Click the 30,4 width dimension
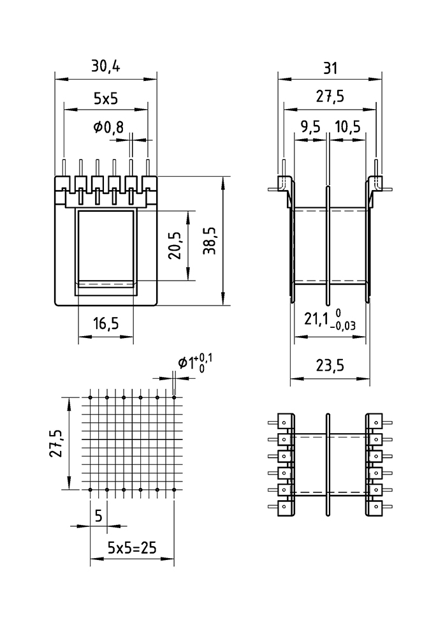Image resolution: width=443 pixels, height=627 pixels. pos(106,66)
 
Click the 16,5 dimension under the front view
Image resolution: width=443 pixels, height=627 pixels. pos(105,324)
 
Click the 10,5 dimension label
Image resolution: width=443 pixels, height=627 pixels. pos(347,127)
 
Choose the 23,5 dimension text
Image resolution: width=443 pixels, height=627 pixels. pos(330,365)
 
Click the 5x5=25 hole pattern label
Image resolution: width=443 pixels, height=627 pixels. pos(132,547)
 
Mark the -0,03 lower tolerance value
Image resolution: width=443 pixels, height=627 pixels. pos(342,325)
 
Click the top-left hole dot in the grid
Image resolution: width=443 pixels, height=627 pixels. pos(91,398)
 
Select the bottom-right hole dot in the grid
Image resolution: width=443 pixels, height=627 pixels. pos(174,490)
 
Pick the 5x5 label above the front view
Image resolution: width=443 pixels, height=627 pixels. pos(106,98)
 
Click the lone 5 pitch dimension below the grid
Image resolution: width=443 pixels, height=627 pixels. pos(98,515)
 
